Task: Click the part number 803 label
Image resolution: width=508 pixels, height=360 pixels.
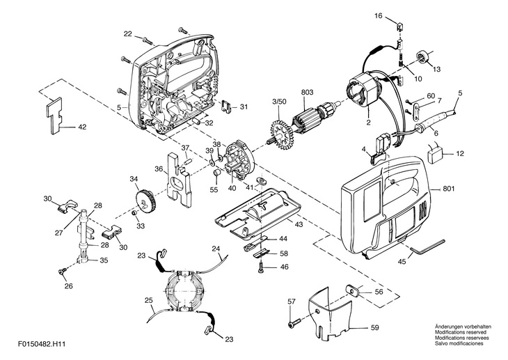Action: pos(307,93)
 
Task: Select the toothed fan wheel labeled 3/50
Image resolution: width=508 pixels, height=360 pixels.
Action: pos(281,133)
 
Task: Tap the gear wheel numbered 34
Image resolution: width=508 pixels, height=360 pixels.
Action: pos(145,201)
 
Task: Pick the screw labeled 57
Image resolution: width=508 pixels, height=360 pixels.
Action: pos(294,322)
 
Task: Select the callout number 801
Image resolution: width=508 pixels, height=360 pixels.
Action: pos(449,189)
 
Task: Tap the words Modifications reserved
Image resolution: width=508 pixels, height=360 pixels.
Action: pos(461,332)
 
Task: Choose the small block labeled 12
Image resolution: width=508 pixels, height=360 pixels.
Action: pos(435,155)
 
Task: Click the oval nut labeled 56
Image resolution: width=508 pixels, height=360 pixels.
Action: pos(354,290)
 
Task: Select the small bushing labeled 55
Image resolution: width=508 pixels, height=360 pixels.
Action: pos(216,174)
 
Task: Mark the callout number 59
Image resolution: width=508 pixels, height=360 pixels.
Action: pos(375,327)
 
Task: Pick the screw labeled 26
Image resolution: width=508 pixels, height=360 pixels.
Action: pos(61,270)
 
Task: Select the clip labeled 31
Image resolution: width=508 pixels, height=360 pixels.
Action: pos(228,107)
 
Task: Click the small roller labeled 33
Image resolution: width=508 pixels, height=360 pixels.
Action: pos(134,213)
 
